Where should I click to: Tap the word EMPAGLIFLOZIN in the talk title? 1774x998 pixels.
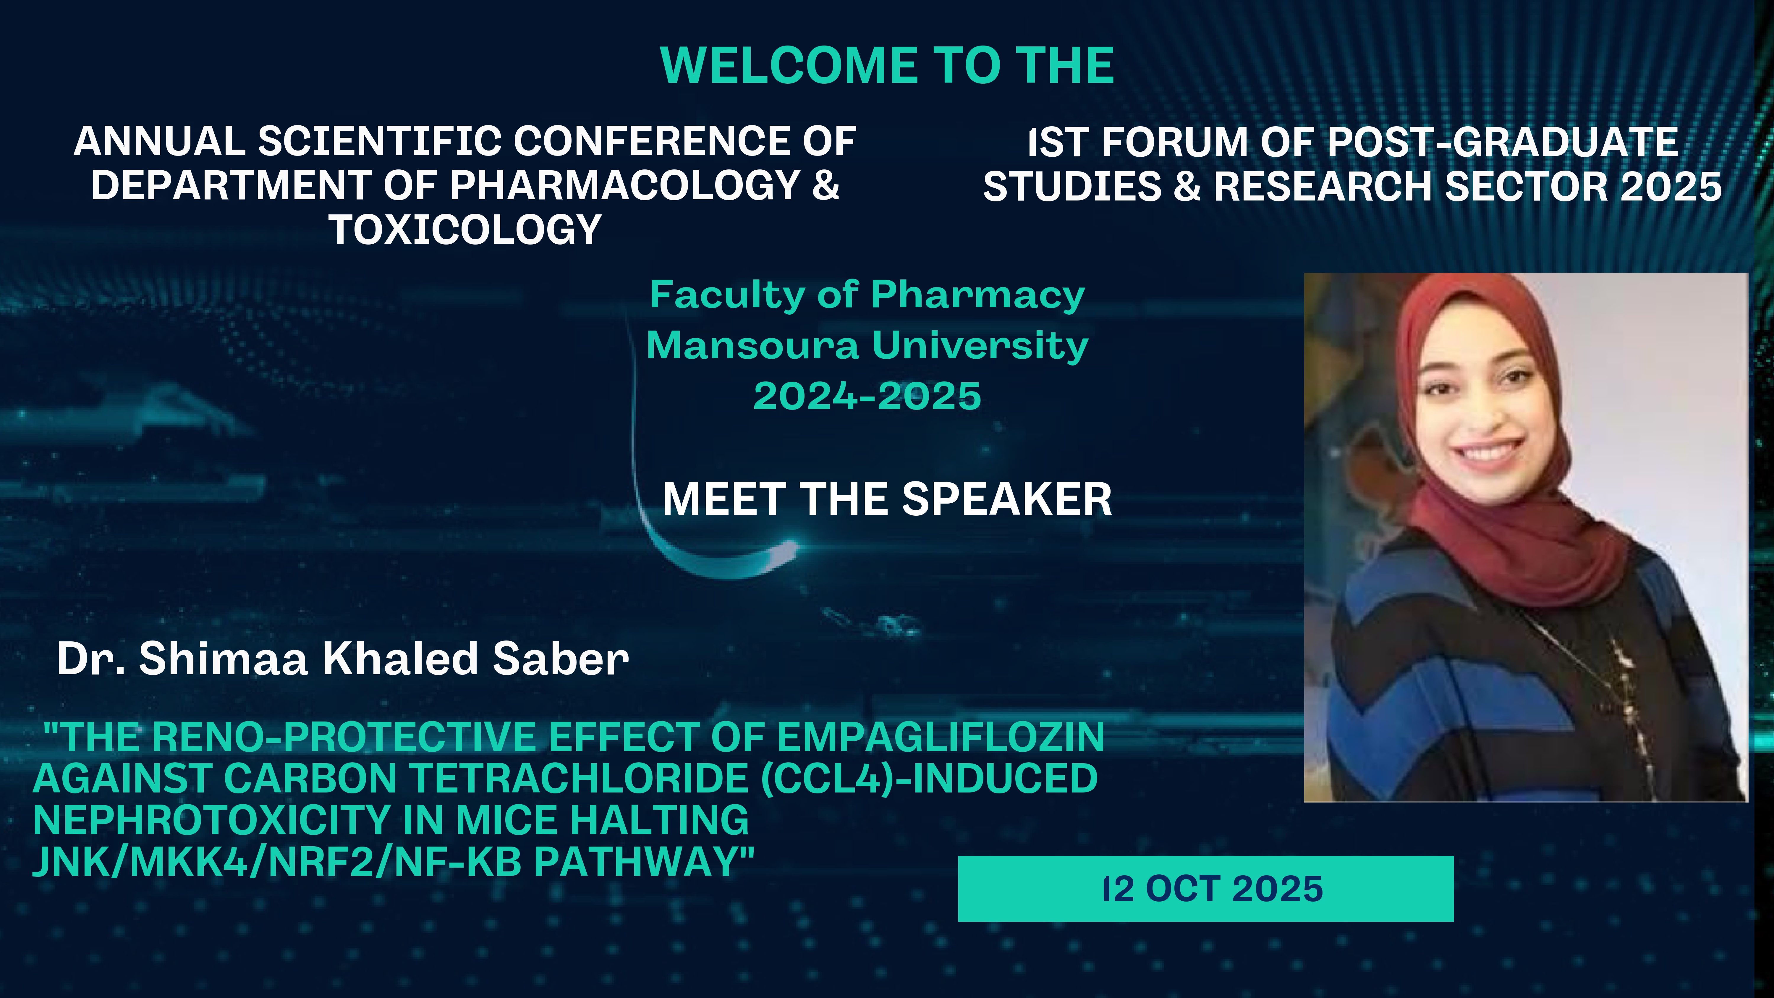click(941, 737)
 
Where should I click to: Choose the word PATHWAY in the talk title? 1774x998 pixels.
click(644, 861)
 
